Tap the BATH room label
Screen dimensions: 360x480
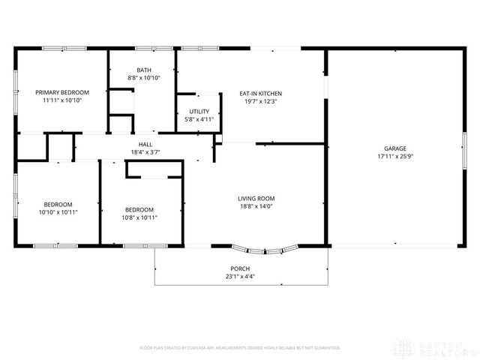143,70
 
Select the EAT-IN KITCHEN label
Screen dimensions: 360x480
261,93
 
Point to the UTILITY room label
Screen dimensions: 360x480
199,111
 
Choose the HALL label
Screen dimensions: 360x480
145,144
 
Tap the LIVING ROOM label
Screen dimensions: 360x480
256,198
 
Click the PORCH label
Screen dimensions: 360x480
240,268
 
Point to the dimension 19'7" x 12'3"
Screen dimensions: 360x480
261,101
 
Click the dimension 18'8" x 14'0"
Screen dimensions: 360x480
256,206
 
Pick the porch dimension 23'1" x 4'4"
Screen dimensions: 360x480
240,277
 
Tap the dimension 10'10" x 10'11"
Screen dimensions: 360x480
58,212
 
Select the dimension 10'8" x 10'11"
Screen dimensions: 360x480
139,217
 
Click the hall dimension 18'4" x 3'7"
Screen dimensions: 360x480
145,152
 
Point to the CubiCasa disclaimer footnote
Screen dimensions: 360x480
240,348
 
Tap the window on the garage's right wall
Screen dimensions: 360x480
463,160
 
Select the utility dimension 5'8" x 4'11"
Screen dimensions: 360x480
199,119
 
